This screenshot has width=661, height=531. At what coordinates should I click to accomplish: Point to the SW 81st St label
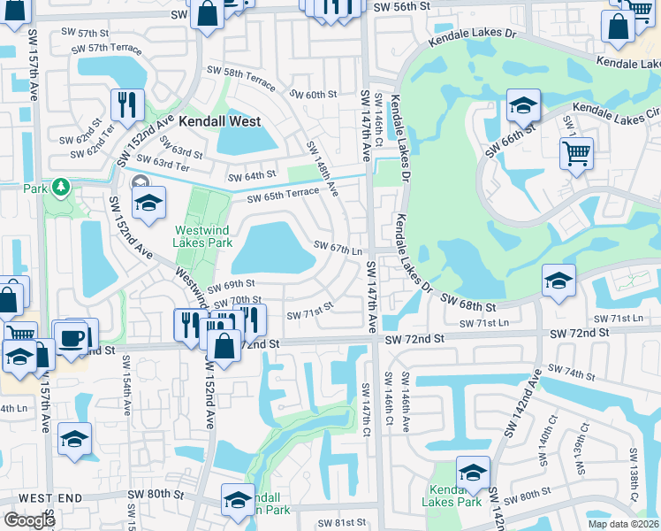(341, 523)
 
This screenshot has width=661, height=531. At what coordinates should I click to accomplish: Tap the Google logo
(29, 519)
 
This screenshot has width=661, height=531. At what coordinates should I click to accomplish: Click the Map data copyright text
(622, 524)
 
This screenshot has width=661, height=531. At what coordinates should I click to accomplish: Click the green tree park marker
(60, 187)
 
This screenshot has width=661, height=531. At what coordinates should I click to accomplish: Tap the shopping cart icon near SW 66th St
(576, 152)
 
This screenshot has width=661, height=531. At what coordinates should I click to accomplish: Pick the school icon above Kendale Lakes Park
(474, 471)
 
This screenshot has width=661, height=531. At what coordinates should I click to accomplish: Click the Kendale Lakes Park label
(456, 496)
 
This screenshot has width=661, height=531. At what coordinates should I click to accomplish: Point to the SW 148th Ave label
(323, 168)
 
